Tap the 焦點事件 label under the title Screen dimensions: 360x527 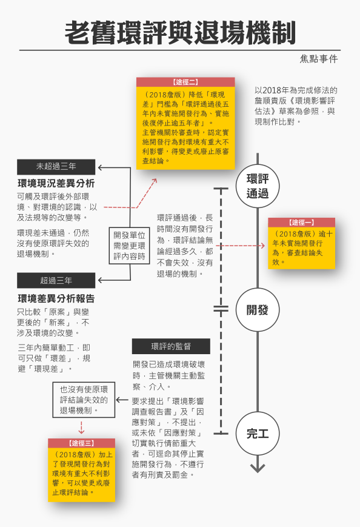tap(319, 59)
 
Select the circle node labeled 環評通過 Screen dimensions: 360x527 tap(258, 186)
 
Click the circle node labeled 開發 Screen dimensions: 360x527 tap(258, 310)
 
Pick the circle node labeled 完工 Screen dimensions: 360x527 tap(258, 433)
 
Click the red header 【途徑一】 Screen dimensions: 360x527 tap(302, 223)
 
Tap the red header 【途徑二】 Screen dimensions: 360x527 tap(185, 82)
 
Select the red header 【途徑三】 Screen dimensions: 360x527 tap(82, 443)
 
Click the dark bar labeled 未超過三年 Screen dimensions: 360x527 tap(56, 167)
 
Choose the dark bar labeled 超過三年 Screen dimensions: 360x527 tap(56, 280)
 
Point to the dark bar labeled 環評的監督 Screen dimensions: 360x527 tap(171, 346)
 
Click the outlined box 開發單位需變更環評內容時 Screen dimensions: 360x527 tap(129, 246)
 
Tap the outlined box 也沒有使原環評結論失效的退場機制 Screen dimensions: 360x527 tap(84, 400)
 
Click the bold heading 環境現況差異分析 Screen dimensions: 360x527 tap(56, 183)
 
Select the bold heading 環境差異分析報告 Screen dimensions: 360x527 tap(56, 298)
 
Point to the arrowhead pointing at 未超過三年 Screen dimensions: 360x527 tap(101, 167)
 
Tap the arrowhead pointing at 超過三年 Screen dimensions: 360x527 tap(101, 280)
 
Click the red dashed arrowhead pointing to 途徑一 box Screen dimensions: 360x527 tap(263, 246)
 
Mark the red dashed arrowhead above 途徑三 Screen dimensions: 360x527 tap(81, 432)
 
